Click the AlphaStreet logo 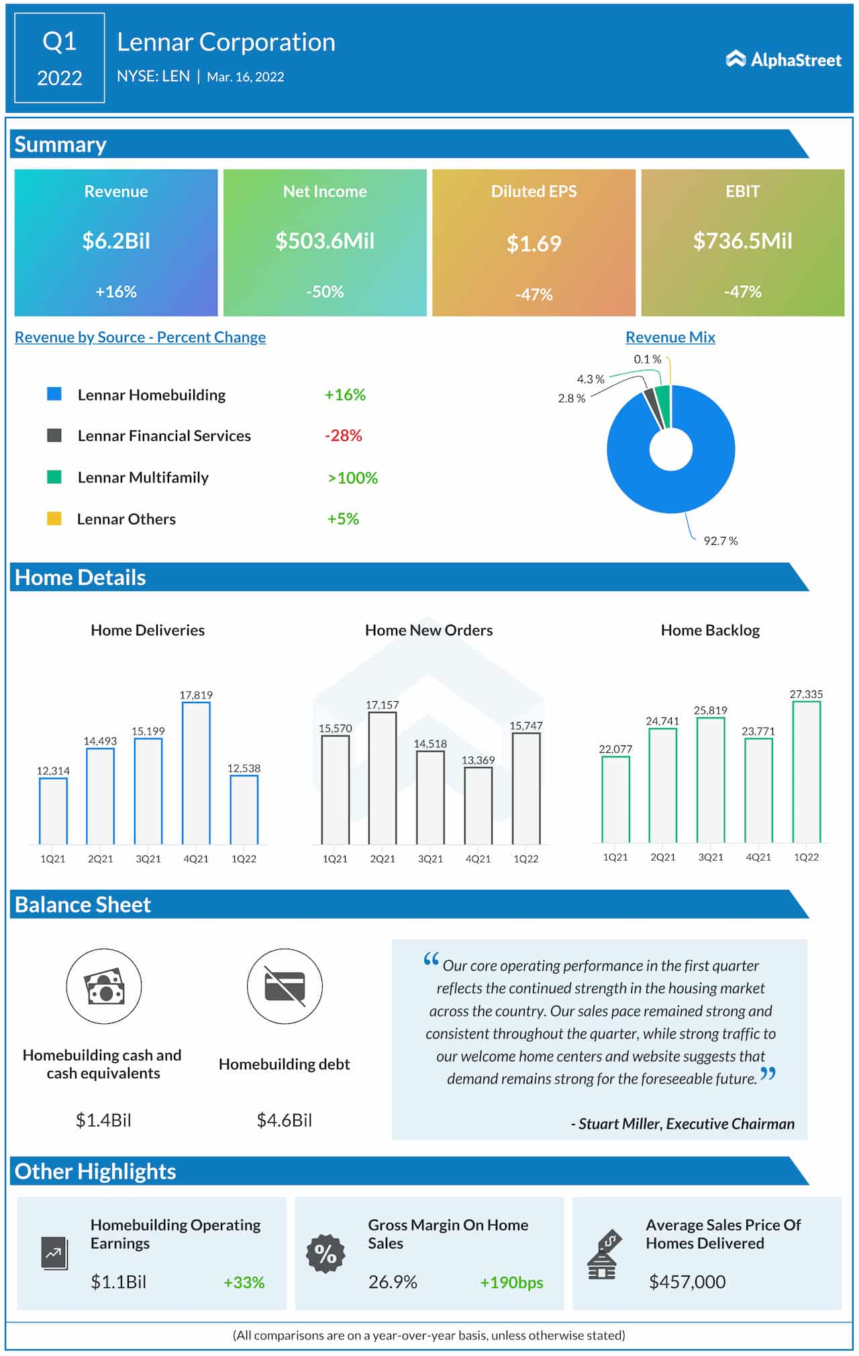pos(783,60)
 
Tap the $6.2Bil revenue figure pos(116,241)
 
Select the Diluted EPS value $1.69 pos(534,244)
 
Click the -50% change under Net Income pos(325,292)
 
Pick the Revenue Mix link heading pos(670,337)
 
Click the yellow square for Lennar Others pos(54,519)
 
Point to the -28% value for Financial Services pos(343,435)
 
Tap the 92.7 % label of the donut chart pos(720,541)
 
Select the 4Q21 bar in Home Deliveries pos(196,773)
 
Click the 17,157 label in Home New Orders pos(382,705)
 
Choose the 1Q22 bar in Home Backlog pos(806,772)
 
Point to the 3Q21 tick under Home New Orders pos(430,859)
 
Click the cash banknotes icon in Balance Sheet pos(104,986)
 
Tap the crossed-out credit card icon pos(285,986)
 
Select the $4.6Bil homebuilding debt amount pos(284,1120)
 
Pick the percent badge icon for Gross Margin pos(325,1253)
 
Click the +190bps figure pos(511,1282)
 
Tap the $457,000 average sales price pos(687,1282)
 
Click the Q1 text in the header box pos(59,42)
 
